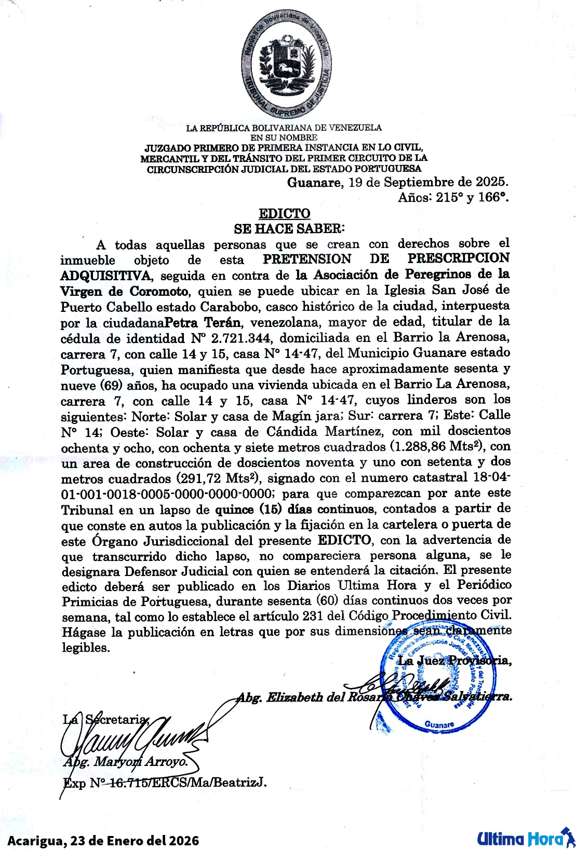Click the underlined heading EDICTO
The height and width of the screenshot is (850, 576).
pyautogui.click(x=285, y=213)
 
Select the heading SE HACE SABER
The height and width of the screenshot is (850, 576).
pyautogui.click(x=289, y=228)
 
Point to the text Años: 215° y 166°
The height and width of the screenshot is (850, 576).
pyautogui.click(x=453, y=197)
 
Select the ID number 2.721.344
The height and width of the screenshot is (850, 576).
pyautogui.click(x=242, y=338)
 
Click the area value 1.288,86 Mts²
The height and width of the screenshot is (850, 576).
pyautogui.click(x=437, y=446)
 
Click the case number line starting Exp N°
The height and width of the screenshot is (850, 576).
pyautogui.click(x=164, y=782)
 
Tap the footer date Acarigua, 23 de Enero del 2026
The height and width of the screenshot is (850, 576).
pyautogui.click(x=103, y=840)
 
